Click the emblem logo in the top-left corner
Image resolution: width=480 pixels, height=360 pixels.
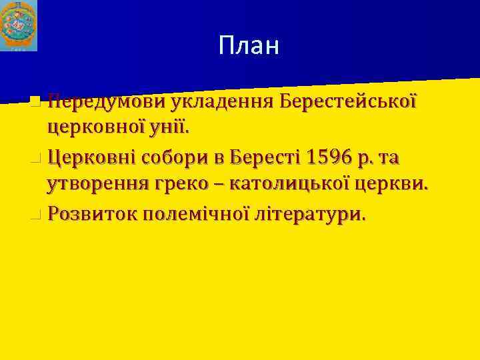(x=19, y=26)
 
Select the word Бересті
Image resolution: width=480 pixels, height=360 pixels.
(x=265, y=158)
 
